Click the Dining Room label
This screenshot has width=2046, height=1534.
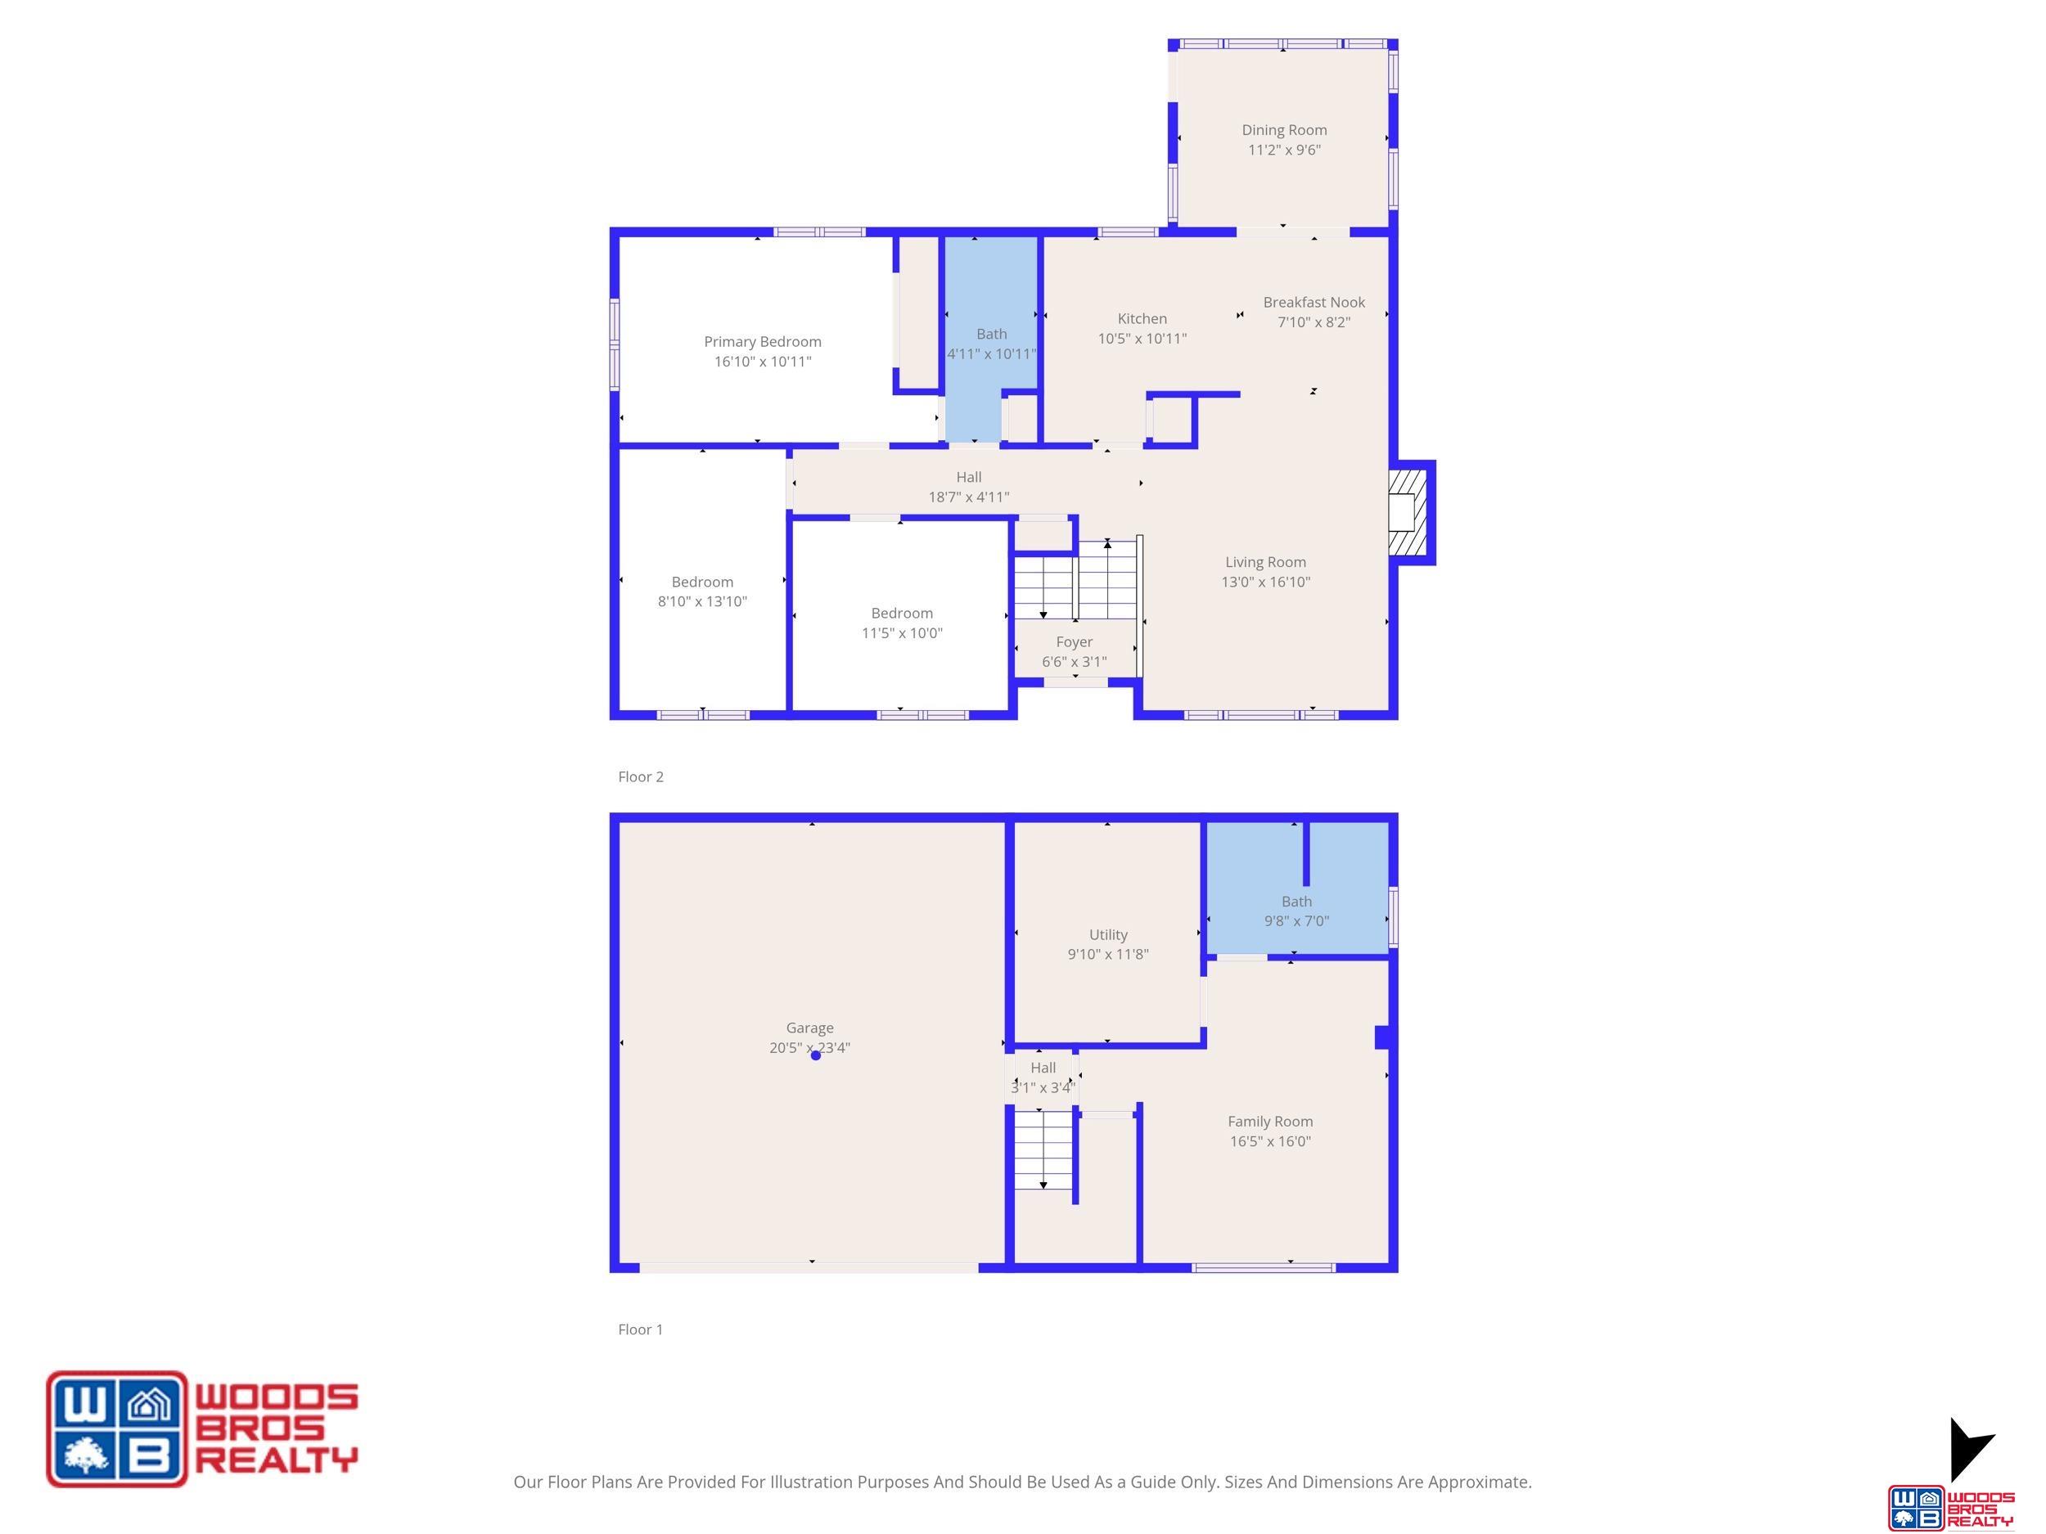point(1284,130)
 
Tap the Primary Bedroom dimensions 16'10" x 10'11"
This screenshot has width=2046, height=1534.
point(762,362)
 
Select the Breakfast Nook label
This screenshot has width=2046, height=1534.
point(1314,303)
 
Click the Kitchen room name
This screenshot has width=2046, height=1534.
point(1142,319)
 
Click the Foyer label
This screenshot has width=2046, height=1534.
point(1074,642)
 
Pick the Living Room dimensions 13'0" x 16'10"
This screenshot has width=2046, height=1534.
point(1265,582)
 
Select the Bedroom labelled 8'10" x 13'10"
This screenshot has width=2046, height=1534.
point(702,592)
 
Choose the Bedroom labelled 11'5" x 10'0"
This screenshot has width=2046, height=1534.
point(902,623)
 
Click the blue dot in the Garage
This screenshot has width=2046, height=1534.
point(815,1055)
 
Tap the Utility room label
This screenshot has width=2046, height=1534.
point(1108,935)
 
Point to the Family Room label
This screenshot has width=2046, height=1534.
point(1270,1122)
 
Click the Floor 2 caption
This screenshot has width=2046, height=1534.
point(640,776)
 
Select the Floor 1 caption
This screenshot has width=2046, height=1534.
point(640,1329)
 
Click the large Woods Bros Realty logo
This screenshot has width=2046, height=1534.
point(201,1428)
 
